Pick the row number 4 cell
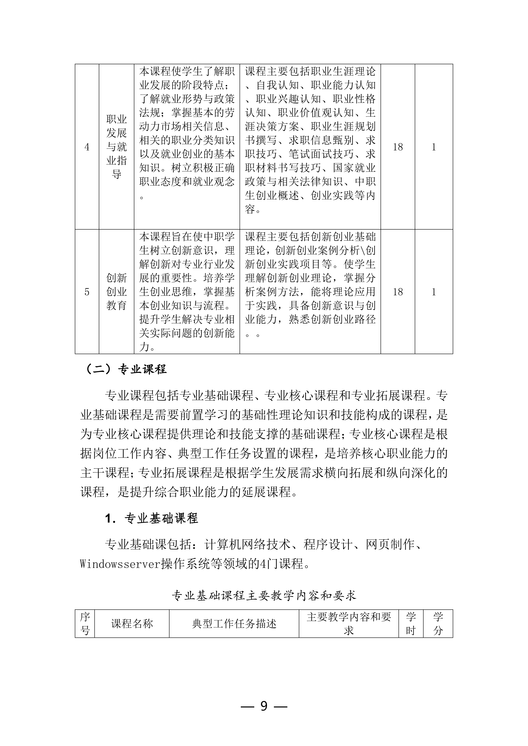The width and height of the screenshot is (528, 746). click(x=87, y=147)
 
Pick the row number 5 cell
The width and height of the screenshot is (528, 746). click(x=87, y=292)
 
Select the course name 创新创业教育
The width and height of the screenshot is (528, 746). click(x=116, y=292)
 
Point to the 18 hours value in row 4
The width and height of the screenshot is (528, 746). click(x=398, y=147)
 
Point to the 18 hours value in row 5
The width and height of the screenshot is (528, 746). click(x=398, y=292)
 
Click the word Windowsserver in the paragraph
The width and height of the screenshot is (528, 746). click(x=120, y=564)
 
